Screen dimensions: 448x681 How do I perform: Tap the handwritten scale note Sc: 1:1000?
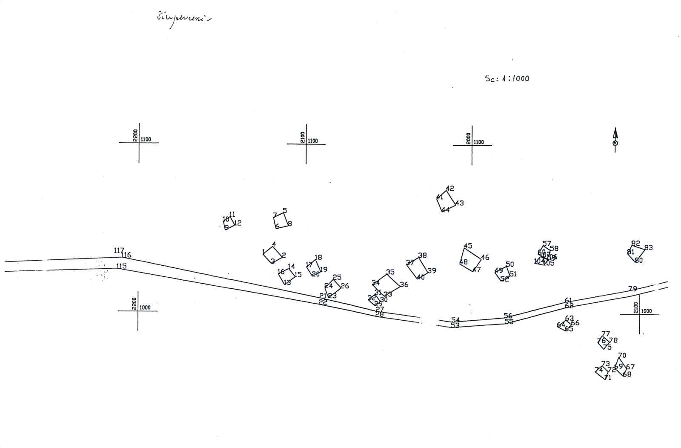point(507,78)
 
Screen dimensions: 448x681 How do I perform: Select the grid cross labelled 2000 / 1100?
point(472,145)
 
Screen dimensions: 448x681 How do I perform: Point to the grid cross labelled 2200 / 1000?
point(138,311)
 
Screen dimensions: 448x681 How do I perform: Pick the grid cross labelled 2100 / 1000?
point(639,314)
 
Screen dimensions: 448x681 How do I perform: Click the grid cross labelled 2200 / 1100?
point(139,142)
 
